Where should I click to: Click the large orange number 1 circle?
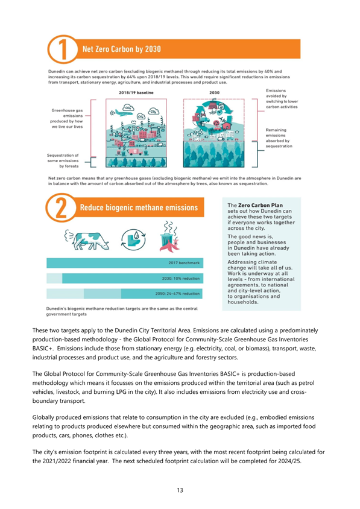pos(63,49)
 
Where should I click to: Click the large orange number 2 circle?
pos(61,207)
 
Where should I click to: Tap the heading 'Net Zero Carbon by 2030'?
pos(121,49)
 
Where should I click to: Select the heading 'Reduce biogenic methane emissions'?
pos(139,207)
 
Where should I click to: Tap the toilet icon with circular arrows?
pos(133,239)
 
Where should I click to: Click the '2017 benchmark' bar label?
pos(184,263)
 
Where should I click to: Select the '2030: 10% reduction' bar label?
pos(181,279)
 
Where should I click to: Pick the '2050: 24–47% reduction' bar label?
pos(177,294)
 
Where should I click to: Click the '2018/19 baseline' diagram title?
pos(136,92)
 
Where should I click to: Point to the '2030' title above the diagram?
pos(214,92)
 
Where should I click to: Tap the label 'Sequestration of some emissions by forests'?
pos(63,160)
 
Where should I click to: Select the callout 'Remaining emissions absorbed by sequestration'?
pos(279,138)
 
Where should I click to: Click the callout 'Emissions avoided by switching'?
pos(282,99)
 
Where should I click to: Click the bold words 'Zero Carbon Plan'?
pos(261,205)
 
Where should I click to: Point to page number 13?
pos(180,490)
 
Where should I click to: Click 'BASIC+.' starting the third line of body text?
pos(43,349)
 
